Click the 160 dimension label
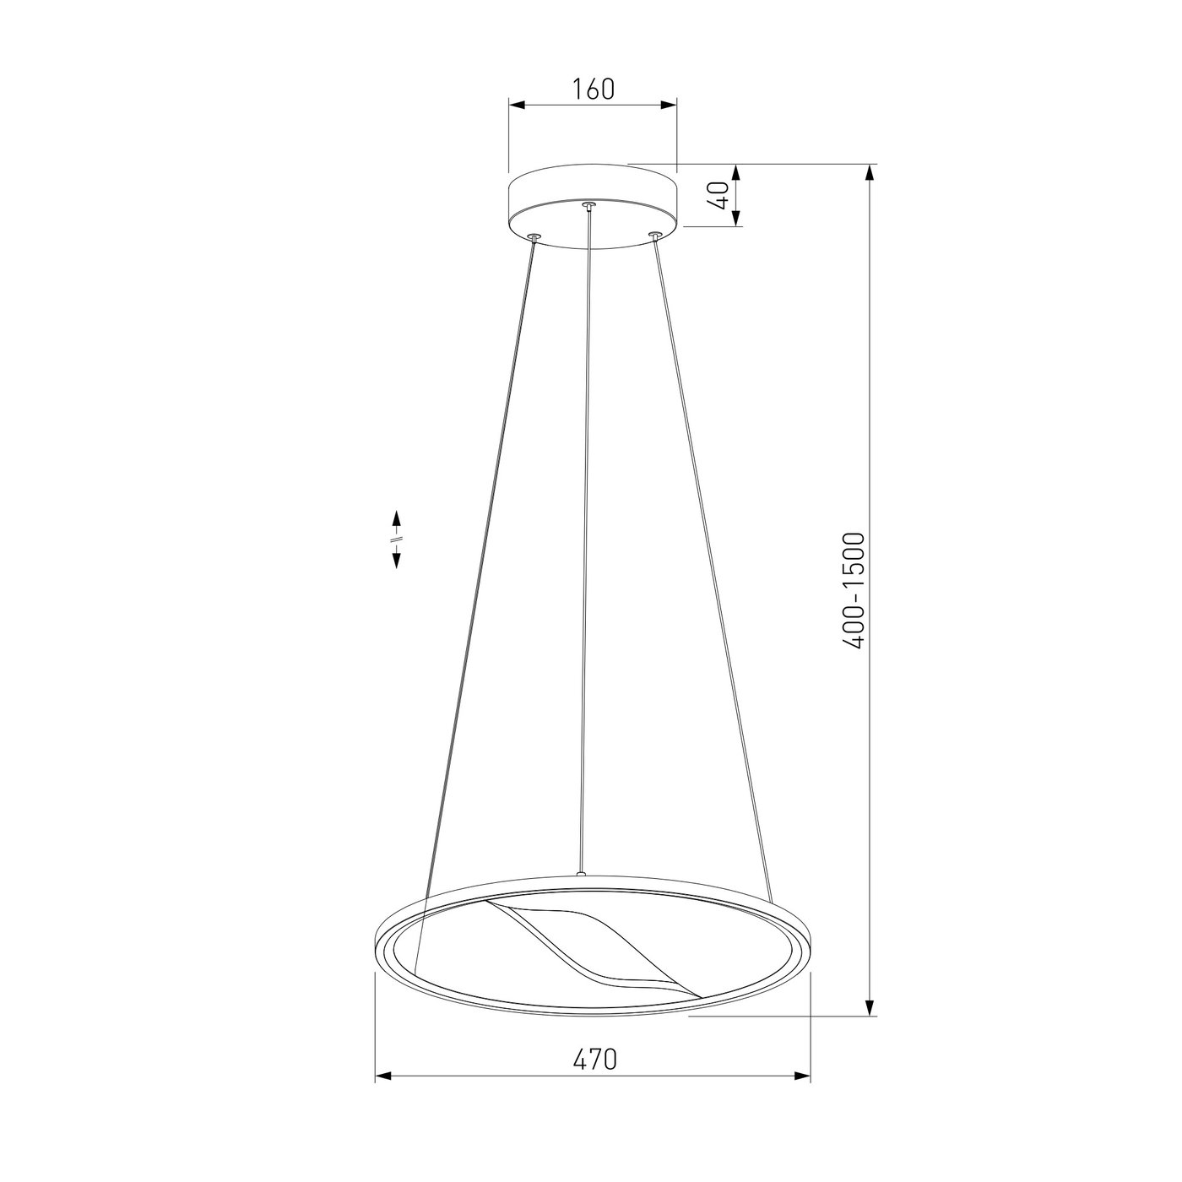(x=593, y=89)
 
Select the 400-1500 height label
(x=854, y=591)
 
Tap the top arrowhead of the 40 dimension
(x=737, y=174)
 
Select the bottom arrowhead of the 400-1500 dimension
(x=869, y=1007)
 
